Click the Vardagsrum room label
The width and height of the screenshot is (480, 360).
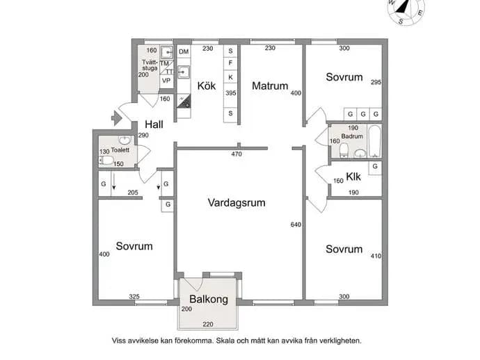[x=237, y=203]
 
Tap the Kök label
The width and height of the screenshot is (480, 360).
[x=207, y=86]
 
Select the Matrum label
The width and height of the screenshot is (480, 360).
[x=270, y=86]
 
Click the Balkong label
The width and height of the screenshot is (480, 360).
[x=209, y=299]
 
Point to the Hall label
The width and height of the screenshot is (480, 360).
[x=154, y=124]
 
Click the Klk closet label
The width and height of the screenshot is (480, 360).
[x=353, y=177]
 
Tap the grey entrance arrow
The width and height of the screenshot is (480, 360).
[x=116, y=118]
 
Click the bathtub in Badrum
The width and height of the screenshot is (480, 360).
[x=375, y=141]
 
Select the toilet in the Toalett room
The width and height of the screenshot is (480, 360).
[x=106, y=161]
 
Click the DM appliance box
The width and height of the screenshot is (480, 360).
[x=184, y=51]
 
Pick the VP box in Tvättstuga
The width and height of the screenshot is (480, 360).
[x=166, y=81]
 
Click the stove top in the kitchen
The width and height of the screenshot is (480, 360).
[x=184, y=101]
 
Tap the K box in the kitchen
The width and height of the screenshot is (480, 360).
[x=230, y=77]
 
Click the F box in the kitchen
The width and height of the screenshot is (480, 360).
[x=230, y=63]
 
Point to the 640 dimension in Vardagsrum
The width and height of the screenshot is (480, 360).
[x=296, y=224]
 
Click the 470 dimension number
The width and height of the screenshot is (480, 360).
[x=237, y=154]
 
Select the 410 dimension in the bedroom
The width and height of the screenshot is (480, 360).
[x=376, y=256]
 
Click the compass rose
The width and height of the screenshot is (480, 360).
[x=406, y=10]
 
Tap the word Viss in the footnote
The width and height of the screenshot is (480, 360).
[x=119, y=341]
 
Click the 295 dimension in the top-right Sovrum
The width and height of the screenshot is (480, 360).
[x=376, y=82]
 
